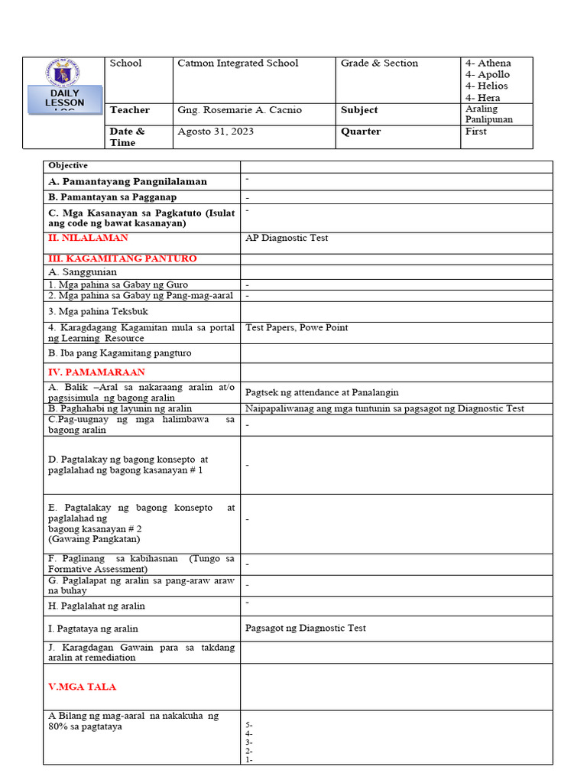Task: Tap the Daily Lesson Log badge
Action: click(x=64, y=101)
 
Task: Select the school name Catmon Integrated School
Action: click(x=238, y=63)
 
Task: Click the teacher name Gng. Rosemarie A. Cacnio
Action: click(x=239, y=110)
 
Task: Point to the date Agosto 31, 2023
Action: click(x=216, y=132)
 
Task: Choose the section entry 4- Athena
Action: click(x=488, y=63)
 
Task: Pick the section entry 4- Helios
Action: click(x=486, y=86)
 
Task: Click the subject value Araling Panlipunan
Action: click(x=489, y=114)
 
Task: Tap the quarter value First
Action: click(x=475, y=132)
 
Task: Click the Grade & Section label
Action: click(x=379, y=63)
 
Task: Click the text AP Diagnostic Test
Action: click(x=287, y=238)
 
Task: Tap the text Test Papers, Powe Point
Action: click(x=297, y=327)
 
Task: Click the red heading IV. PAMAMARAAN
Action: click(x=96, y=372)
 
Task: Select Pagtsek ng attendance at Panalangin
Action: click(x=322, y=392)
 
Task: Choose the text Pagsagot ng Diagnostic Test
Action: click(x=305, y=628)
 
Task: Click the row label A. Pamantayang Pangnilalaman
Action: click(x=127, y=181)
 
